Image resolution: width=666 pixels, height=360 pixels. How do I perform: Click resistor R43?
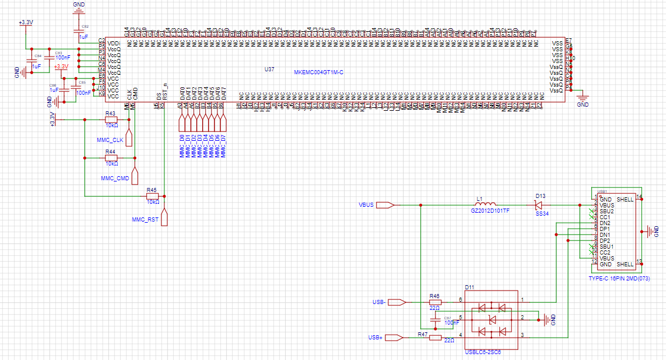(111, 119)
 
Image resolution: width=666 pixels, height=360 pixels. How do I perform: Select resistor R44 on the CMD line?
(111, 158)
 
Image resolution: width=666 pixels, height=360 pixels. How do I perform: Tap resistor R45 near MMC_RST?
(152, 196)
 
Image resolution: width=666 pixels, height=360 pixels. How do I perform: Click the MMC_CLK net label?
(110, 140)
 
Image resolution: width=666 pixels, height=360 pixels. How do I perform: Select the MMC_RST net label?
(146, 219)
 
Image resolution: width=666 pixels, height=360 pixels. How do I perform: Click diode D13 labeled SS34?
(539, 204)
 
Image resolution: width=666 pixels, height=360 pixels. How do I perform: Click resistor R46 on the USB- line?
(435, 302)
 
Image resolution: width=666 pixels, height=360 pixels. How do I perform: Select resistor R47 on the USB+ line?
(435, 338)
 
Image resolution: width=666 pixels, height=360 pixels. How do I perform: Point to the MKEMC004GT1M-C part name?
(318, 72)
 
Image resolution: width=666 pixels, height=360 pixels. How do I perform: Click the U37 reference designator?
(269, 70)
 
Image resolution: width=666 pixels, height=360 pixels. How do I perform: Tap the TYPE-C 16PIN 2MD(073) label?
(619, 278)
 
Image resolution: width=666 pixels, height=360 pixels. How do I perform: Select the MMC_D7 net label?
(223, 145)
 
